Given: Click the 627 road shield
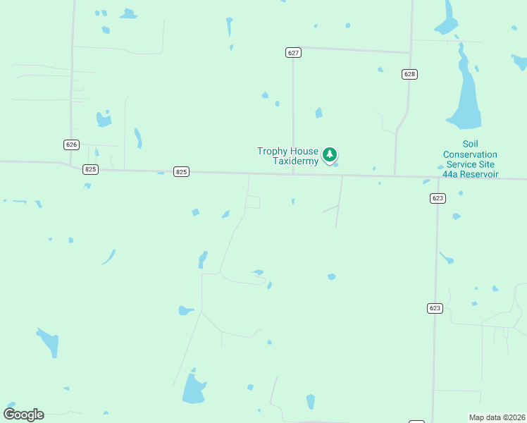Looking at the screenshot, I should [294, 53].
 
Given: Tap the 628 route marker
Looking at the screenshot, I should [410, 74].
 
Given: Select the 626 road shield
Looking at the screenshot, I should [71, 145].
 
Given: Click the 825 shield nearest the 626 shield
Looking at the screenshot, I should [90, 169].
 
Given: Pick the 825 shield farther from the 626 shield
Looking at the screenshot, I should [182, 172].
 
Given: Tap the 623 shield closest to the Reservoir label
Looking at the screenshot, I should [438, 198].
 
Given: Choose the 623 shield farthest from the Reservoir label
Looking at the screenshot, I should [435, 308].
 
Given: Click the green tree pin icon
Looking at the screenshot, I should [330, 154].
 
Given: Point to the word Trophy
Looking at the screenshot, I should [273, 152].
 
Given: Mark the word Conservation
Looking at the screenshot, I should [470, 154].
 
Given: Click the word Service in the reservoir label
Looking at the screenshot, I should [461, 164].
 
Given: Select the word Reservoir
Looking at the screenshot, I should [478, 174].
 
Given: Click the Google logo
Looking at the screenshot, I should [23, 415].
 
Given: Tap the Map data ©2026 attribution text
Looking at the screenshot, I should [497, 417].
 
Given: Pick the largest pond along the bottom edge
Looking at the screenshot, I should [193, 389].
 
